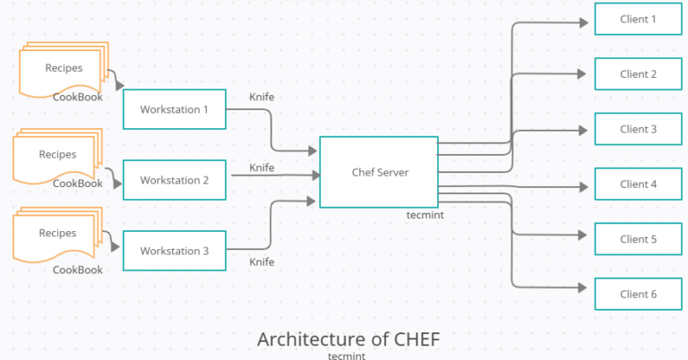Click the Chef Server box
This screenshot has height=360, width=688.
pyautogui.click(x=379, y=172)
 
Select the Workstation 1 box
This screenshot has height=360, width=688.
pyautogui.click(x=174, y=109)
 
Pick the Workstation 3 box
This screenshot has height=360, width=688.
pyautogui.click(x=174, y=252)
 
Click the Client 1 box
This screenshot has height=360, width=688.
pyautogui.click(x=638, y=19)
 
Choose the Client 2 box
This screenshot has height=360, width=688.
pyautogui.click(x=638, y=74)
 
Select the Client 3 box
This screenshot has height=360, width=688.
pyautogui.click(x=638, y=129)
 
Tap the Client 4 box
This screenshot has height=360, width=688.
pyautogui.click(x=638, y=184)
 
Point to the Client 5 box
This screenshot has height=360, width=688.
pyautogui.click(x=638, y=239)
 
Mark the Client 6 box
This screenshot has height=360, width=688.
pyautogui.click(x=638, y=294)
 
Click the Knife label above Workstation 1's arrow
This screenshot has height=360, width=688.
pyautogui.click(x=262, y=96)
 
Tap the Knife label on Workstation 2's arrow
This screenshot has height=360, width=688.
pyautogui.click(x=262, y=167)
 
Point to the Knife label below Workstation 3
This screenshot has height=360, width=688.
pyautogui.click(x=262, y=262)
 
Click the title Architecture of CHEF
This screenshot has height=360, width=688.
pyautogui.click(x=348, y=339)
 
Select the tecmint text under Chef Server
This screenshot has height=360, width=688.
pyautogui.click(x=426, y=216)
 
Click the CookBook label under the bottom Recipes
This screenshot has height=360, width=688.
pyautogui.click(x=77, y=270)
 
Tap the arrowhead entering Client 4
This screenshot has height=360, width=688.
pyautogui.click(x=589, y=184)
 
